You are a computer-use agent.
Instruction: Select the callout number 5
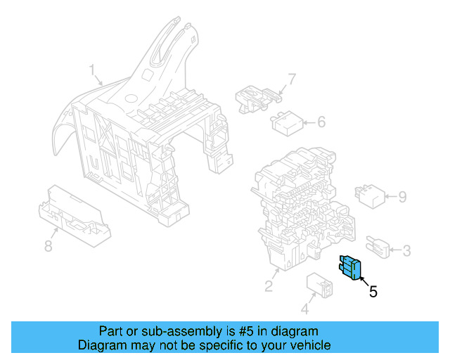373,291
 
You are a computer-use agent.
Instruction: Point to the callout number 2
269,285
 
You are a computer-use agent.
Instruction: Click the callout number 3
408,250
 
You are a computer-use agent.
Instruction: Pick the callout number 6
321,122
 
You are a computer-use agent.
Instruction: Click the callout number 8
49,245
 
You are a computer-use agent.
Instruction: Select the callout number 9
402,197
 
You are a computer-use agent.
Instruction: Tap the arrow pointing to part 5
364,281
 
